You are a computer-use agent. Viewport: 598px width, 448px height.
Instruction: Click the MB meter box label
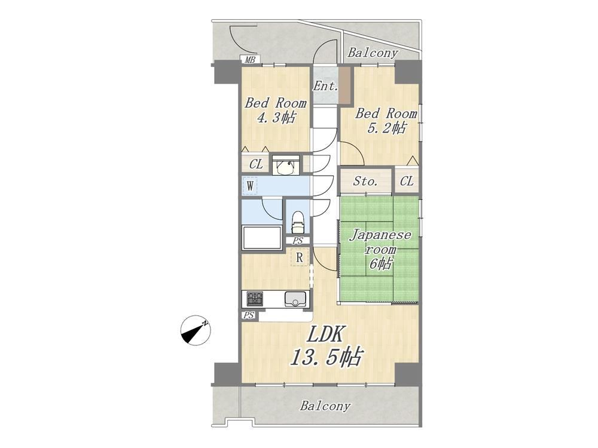coord(249,60)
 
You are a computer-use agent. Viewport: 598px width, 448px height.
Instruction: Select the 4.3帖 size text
coord(276,117)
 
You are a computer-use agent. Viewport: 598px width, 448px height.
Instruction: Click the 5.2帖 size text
coord(386,128)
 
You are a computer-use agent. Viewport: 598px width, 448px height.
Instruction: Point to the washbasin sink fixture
coord(286,164)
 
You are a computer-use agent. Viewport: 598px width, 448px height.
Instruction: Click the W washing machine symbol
coord(250,186)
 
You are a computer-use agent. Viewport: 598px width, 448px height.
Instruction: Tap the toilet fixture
coord(298,222)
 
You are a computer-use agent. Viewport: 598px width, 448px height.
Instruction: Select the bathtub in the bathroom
coord(262,237)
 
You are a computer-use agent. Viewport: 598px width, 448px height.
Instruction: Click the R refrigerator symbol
coord(300,257)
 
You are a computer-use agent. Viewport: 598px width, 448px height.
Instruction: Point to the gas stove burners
coord(254,298)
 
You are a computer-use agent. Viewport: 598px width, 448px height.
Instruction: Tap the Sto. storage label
coord(365,182)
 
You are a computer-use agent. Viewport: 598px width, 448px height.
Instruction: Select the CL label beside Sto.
coord(407,181)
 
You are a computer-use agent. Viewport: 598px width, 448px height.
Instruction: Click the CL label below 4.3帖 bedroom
coord(256,165)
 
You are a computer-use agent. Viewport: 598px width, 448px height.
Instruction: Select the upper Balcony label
coord(372,53)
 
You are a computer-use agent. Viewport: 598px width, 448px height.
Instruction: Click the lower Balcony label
coord(325,406)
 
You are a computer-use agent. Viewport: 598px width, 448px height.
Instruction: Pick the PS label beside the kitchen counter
coord(249,315)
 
